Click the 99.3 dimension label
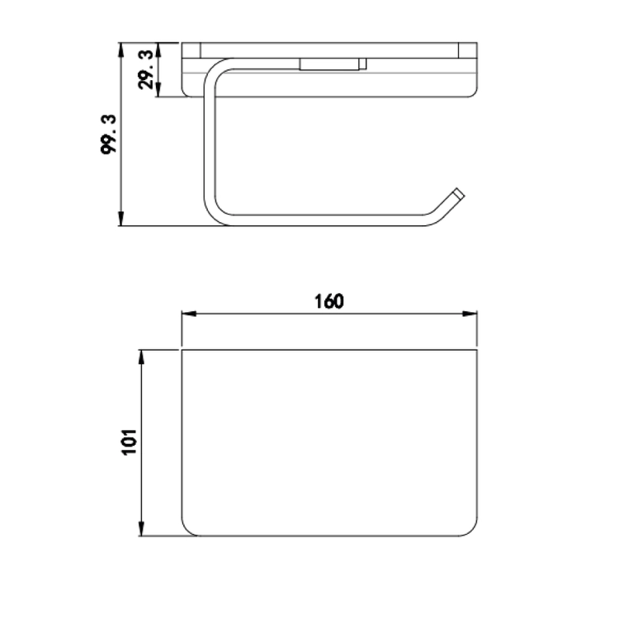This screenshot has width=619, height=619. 109,135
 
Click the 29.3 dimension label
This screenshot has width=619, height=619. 145,69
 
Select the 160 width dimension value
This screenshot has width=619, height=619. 328,301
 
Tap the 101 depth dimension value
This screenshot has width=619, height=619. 130,442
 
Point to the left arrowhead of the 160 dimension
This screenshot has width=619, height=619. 189,314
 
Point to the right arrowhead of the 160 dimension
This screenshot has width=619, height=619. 470,314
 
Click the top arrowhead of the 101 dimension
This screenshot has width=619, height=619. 142,357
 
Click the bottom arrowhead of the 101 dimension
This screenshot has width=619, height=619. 142,528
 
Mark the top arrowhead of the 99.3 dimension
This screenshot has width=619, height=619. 121,50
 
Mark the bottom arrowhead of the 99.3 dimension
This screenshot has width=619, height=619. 121,219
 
